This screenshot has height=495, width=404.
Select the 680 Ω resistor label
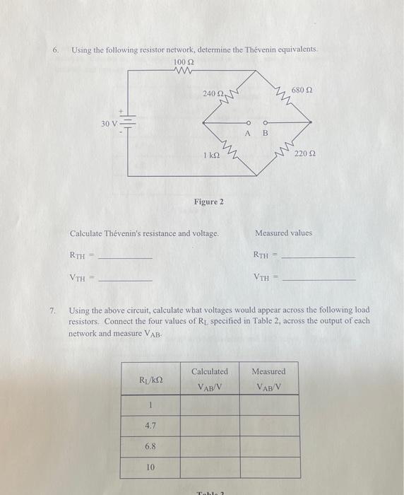tap(302, 91)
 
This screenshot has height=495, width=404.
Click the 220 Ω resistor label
tap(306, 153)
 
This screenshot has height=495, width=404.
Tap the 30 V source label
tap(109, 123)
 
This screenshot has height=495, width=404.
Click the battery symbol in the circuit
tap(128, 123)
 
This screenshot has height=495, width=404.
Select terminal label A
tap(247, 132)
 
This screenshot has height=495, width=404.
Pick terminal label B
tap(266, 132)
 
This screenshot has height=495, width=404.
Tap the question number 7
tap(53, 310)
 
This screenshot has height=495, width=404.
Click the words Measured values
tap(283, 233)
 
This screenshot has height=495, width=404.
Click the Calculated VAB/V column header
tap(210, 378)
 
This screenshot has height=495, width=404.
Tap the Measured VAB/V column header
tap(268, 378)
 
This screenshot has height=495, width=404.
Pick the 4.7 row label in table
tap(150, 426)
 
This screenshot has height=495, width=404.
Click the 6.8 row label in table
tap(150, 447)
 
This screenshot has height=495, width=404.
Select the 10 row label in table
tap(150, 467)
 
